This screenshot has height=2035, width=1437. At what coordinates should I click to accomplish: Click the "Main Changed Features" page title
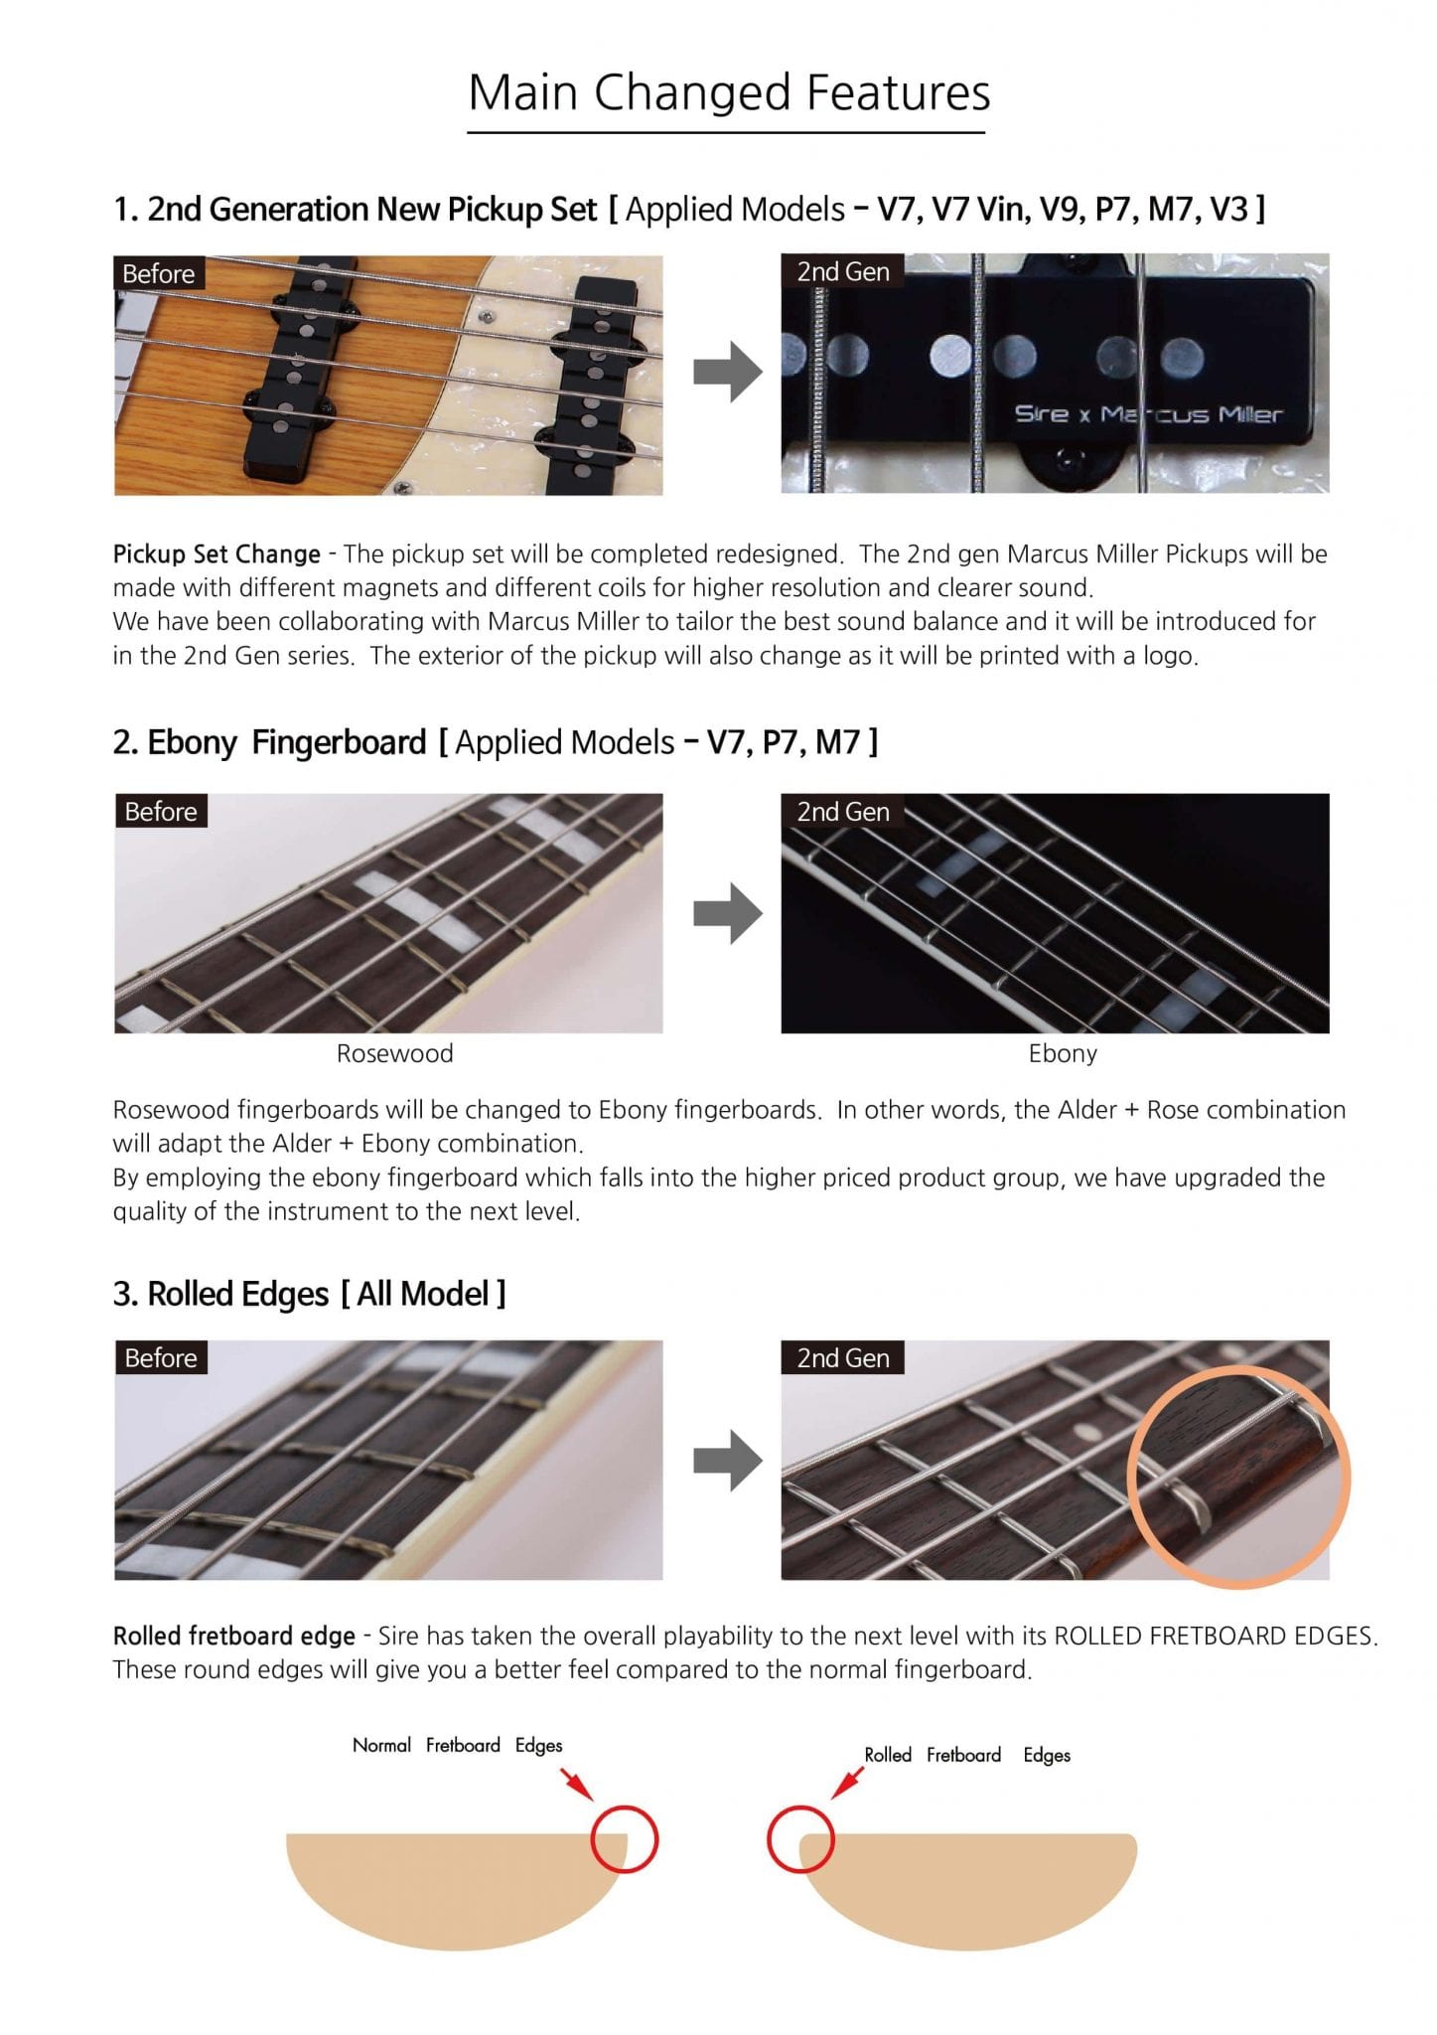click(x=729, y=92)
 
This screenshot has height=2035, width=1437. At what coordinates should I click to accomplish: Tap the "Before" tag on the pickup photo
click(x=158, y=273)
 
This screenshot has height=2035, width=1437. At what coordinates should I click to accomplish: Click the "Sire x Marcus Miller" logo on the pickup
click(x=1148, y=414)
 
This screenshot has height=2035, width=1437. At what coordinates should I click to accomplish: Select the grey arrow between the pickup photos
click(x=728, y=373)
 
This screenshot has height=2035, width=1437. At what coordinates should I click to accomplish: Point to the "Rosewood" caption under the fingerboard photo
click(x=394, y=1053)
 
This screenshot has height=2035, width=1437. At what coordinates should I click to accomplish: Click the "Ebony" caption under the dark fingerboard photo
click(x=1063, y=1053)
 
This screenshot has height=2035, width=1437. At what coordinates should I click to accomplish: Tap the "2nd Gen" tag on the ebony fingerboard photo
click(x=843, y=812)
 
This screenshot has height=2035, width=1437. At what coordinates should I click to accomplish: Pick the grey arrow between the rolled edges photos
click(x=728, y=1461)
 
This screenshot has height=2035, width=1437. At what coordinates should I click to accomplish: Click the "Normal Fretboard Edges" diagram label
click(x=457, y=1746)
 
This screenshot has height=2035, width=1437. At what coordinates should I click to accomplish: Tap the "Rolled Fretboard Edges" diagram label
click(x=967, y=1755)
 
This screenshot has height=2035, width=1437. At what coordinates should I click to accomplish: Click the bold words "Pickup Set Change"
click(x=216, y=554)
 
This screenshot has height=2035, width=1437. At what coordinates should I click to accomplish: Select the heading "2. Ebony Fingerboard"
click(x=269, y=742)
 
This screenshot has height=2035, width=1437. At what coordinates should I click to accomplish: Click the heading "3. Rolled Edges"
click(x=220, y=1294)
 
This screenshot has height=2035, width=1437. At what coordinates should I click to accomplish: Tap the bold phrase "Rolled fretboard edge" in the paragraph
click(x=234, y=1636)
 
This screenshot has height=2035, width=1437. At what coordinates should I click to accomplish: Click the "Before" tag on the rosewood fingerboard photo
click(x=160, y=812)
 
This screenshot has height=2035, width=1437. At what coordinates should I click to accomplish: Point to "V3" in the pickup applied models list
click(x=1227, y=209)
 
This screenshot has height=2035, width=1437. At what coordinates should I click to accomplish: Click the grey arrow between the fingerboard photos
click(x=728, y=913)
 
